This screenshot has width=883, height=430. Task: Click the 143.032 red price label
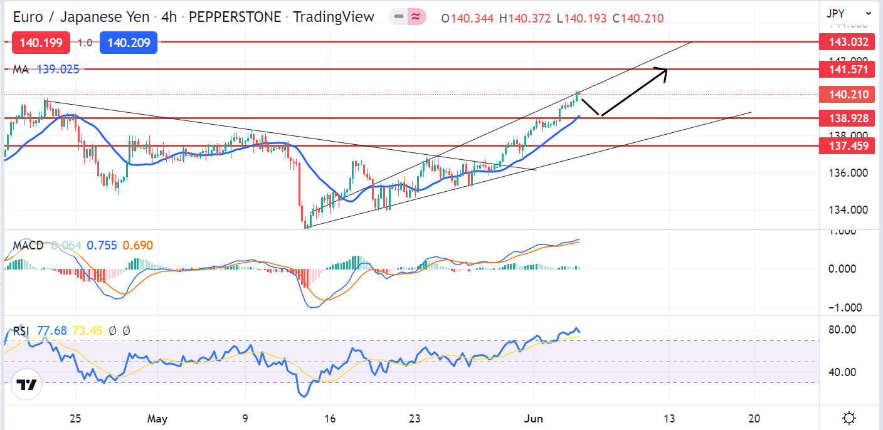847,42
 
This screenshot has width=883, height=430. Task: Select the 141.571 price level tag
847,69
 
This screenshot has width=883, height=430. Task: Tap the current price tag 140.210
847,95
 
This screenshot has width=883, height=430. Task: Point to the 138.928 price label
847,118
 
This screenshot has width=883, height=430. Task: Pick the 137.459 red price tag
847,145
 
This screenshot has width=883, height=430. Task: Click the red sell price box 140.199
41,43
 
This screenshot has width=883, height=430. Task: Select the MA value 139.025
58,69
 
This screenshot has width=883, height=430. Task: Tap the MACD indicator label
27,245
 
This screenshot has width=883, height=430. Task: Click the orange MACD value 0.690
137,245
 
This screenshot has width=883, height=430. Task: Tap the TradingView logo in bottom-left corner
26,385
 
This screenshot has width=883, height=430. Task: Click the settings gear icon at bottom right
849,418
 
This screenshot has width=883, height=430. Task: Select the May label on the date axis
157,418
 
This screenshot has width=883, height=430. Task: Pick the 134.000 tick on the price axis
850,209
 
